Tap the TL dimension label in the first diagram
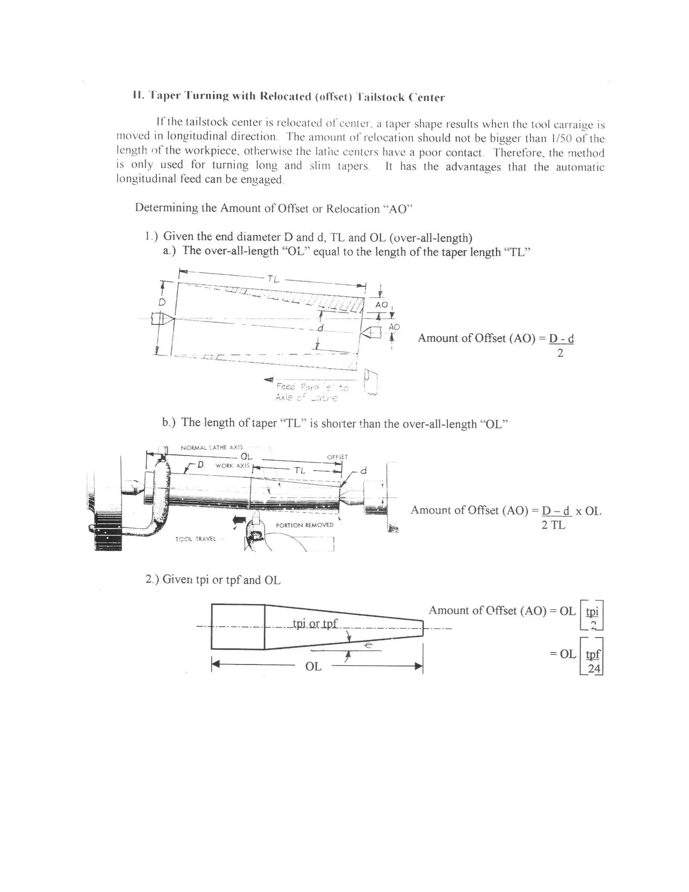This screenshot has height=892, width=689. pos(274,279)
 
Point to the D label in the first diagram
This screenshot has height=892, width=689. pos(162,302)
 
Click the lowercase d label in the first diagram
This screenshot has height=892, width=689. pos(321,328)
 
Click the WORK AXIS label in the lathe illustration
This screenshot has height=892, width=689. pos(232,466)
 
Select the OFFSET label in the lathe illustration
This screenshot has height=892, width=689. pos(337,457)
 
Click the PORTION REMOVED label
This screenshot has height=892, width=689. pos(304,525)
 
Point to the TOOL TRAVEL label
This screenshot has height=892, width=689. pos(195,539)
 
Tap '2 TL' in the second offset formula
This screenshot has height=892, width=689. pos(553,525)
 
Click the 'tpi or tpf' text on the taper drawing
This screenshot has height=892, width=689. pos(315,624)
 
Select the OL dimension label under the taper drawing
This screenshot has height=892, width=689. pos(313,666)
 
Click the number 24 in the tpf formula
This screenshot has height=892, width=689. pos(593,669)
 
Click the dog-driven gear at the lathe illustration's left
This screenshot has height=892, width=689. pos(107,531)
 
